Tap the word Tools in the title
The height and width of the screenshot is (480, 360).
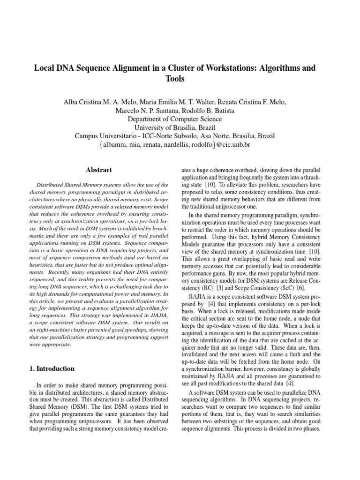click(175, 79)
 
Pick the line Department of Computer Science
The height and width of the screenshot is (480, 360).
click(174, 119)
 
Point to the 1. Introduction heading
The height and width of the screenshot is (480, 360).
click(52, 368)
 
